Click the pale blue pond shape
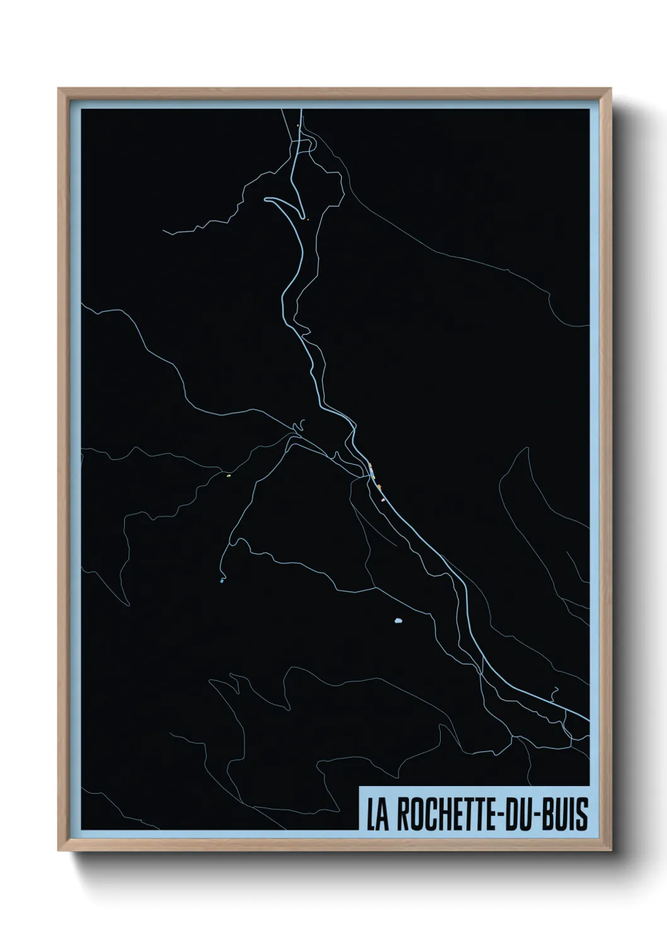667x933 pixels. (x=398, y=622)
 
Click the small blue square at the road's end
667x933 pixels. (x=222, y=581)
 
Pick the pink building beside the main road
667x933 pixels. (x=383, y=500)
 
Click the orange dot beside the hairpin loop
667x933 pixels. (x=308, y=219)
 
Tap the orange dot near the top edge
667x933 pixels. (x=298, y=126)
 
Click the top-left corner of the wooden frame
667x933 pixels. (x=59, y=89)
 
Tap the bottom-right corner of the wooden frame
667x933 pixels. (x=612, y=852)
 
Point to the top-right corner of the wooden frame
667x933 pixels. (x=612, y=89)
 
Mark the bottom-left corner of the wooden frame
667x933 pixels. (x=59, y=852)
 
